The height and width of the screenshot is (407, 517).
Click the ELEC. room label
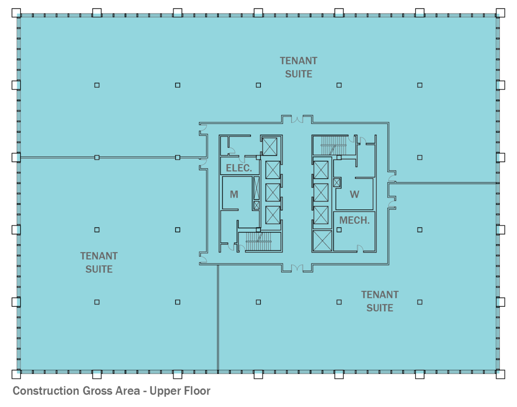coord(239,168)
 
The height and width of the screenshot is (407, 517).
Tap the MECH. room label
coord(354,220)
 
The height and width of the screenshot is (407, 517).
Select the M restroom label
coord(234,194)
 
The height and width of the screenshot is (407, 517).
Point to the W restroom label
coord(354,194)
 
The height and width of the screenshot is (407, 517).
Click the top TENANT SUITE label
coord(299,67)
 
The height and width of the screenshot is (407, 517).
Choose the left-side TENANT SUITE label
coord(99,262)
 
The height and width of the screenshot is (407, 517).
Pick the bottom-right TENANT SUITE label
coord(380,301)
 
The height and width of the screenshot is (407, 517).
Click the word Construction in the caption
coord(44,391)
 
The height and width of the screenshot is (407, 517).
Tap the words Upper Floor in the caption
coord(180,391)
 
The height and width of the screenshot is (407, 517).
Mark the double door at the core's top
coord(297,120)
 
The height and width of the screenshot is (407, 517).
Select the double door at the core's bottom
coord(297,268)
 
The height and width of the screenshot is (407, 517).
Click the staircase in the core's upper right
coord(334,145)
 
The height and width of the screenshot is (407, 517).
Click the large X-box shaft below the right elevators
coord(322,241)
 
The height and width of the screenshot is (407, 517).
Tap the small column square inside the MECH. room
coord(339,230)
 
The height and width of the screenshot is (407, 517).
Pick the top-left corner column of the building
coord(16,13)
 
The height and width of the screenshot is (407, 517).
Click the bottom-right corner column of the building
coord(500,374)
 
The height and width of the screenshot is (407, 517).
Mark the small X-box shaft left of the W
coord(337,183)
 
